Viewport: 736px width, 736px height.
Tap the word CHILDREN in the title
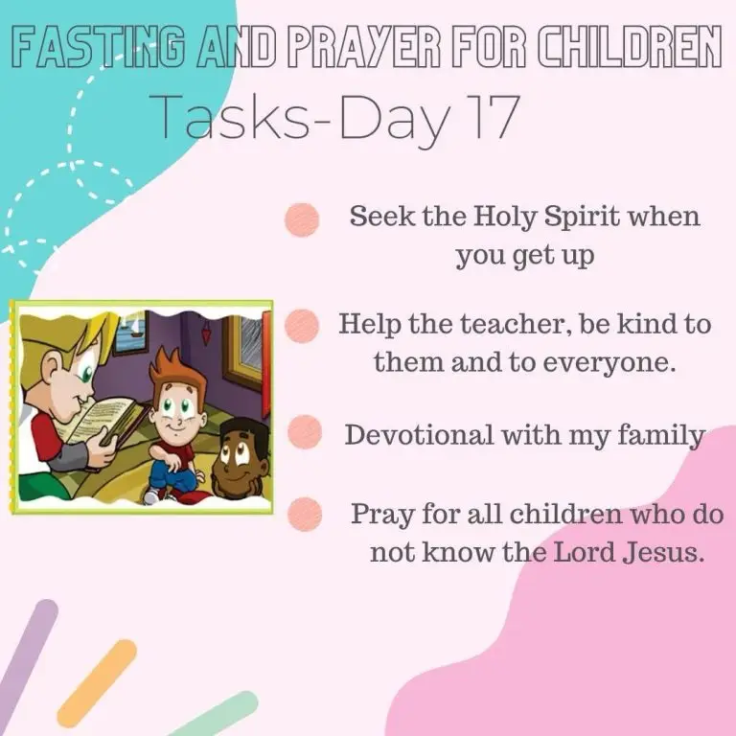click(x=629, y=47)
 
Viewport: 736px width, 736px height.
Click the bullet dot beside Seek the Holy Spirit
click(x=302, y=219)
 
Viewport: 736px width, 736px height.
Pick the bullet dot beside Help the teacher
click(x=302, y=325)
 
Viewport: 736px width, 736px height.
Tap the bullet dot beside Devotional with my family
click(x=305, y=432)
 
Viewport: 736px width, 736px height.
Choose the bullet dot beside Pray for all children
click(x=305, y=514)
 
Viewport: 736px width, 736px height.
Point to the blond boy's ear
click(x=56, y=370)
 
